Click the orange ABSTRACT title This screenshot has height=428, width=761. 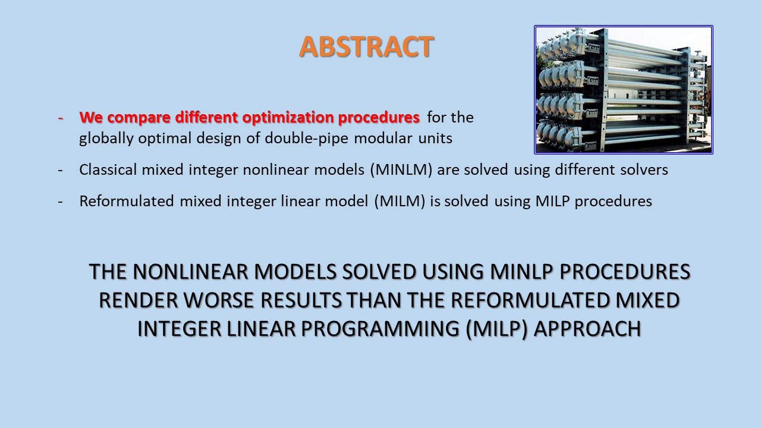[x=366, y=46]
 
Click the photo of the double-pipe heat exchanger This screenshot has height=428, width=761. [x=624, y=90]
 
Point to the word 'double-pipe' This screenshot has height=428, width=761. [x=306, y=139]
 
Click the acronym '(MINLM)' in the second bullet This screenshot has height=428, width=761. [x=401, y=169]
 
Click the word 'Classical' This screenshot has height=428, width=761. [x=108, y=169]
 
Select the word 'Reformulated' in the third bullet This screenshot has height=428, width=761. [x=127, y=201]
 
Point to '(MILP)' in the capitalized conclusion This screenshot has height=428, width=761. [x=496, y=329]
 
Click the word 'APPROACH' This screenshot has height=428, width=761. [x=587, y=329]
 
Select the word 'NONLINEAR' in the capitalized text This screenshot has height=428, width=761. [x=191, y=272]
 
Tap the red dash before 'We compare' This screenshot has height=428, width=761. [x=61, y=118]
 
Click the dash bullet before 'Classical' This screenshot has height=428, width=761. [x=61, y=170]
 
